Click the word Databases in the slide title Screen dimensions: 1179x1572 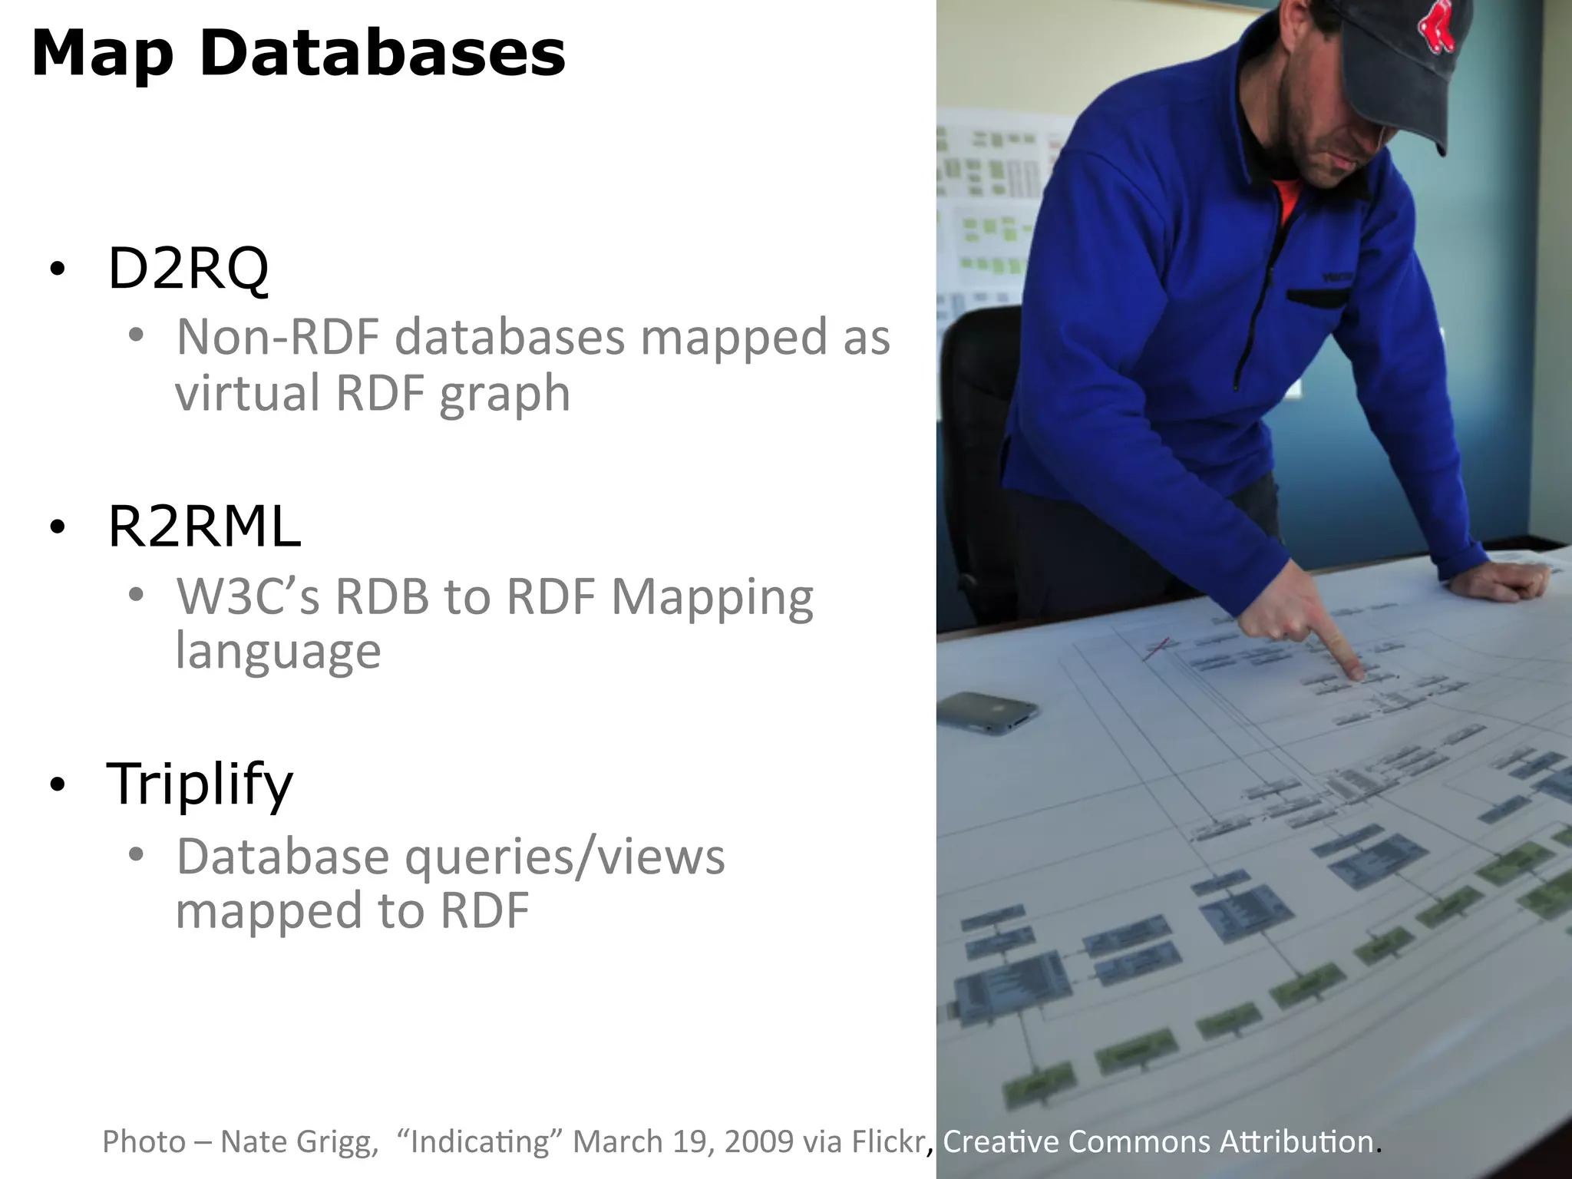pos(382,54)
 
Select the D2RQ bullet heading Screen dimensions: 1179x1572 pos(188,269)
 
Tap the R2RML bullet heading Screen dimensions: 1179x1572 pos(204,527)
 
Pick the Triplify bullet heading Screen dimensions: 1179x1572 pos(200,784)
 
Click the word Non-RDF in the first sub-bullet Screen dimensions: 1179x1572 pos(278,337)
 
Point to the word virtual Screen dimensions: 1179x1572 pos(247,392)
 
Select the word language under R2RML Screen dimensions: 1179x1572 pos(278,651)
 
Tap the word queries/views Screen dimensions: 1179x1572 pos(564,857)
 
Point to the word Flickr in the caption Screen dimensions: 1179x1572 pos(890,1141)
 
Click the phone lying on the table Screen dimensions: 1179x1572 pos(987,712)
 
